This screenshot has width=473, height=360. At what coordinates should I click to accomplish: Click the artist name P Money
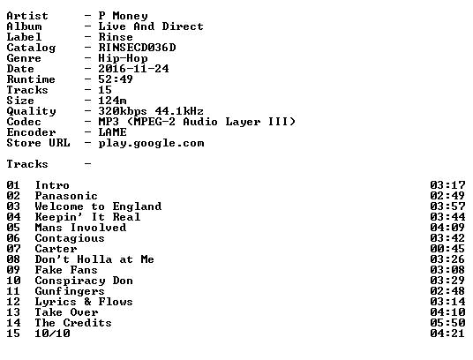(123, 16)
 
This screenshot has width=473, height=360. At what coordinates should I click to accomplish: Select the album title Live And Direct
(151, 26)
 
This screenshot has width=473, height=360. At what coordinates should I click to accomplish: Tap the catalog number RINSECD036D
(138, 48)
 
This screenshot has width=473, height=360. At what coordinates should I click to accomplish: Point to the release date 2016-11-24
(133, 69)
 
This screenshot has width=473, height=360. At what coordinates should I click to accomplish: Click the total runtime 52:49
(116, 79)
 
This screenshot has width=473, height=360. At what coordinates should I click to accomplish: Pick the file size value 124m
(112, 101)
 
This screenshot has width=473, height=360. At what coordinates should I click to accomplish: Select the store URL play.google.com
(151, 143)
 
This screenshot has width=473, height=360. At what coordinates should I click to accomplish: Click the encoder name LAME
(113, 132)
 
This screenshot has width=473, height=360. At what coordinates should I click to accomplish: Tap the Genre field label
(24, 58)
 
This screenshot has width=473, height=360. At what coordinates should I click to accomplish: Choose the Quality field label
(32, 111)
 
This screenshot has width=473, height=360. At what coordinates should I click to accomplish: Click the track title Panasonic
(66, 196)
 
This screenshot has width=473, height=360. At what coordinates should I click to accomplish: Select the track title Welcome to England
(98, 206)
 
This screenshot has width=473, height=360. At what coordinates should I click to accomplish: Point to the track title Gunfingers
(70, 291)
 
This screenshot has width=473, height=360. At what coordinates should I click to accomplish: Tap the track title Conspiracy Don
(84, 281)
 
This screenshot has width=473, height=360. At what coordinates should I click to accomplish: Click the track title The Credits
(73, 323)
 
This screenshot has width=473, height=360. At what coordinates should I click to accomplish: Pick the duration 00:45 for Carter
(447, 249)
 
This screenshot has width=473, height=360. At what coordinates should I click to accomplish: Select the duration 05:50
(447, 323)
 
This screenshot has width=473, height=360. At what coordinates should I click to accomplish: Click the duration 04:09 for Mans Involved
(447, 228)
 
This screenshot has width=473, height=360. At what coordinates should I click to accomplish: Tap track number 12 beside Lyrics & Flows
(13, 302)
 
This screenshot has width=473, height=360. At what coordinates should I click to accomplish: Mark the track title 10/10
(52, 334)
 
